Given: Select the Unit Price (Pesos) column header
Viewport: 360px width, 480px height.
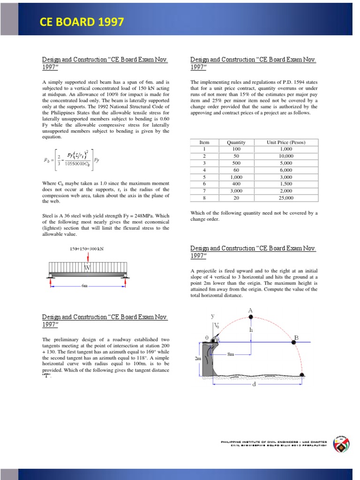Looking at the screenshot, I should (x=285, y=142).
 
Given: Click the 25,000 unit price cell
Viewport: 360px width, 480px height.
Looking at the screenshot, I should (x=285, y=198).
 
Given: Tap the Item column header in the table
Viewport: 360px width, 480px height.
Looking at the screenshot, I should (x=204, y=142).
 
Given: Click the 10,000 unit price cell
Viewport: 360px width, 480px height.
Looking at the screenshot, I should (x=285, y=156).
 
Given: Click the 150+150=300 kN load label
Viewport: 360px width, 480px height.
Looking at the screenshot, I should (x=87, y=249).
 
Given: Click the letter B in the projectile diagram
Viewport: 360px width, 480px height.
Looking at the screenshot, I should (x=296, y=337).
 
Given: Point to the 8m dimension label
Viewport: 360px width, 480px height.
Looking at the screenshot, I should (x=230, y=354).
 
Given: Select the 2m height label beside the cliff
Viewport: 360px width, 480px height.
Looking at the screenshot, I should (x=198, y=358).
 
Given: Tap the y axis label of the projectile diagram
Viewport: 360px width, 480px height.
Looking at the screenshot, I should (x=212, y=316).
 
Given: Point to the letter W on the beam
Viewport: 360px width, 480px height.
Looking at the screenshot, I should (x=87, y=268).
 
